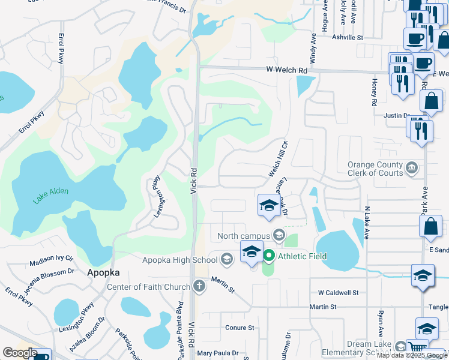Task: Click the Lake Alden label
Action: [51, 195]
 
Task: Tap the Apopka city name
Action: [104, 272]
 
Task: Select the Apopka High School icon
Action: [226, 259]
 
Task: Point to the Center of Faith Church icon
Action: [200, 287]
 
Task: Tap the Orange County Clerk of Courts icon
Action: [412, 167]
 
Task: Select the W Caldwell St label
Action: [338, 293]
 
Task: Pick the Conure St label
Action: [240, 328]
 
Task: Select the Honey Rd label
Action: [373, 92]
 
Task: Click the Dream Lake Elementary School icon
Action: [400, 347]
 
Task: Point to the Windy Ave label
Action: [313, 50]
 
